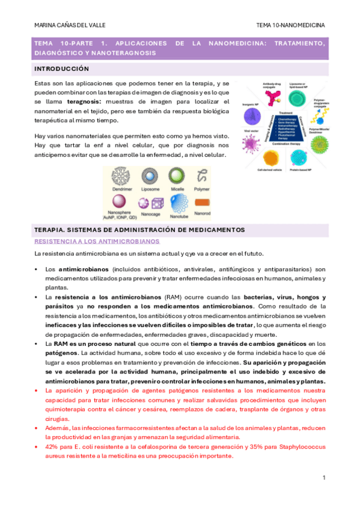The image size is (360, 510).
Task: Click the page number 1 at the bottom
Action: pyautogui.click(x=323, y=478)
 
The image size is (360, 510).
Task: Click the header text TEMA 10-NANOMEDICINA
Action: pyautogui.click(x=290, y=26)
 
